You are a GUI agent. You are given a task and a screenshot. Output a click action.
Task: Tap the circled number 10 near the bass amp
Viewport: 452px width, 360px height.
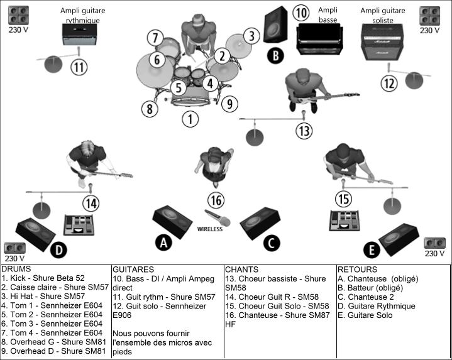tap(301, 13)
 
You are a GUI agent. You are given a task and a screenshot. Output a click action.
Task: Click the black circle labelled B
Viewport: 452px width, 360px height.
tap(275, 56)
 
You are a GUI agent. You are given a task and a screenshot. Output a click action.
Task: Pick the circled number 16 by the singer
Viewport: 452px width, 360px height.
tap(216, 200)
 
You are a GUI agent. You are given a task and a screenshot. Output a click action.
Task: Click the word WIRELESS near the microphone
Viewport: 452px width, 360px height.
tap(210, 229)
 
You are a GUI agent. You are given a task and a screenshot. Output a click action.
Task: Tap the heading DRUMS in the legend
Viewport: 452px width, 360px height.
tap(16, 269)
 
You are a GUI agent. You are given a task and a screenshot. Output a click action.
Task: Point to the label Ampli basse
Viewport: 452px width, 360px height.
tap(328, 14)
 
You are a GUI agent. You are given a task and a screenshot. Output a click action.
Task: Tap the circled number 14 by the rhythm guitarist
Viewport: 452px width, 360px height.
tap(91, 203)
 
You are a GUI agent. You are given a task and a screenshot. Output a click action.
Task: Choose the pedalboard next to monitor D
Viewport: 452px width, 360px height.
tap(80, 225)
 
